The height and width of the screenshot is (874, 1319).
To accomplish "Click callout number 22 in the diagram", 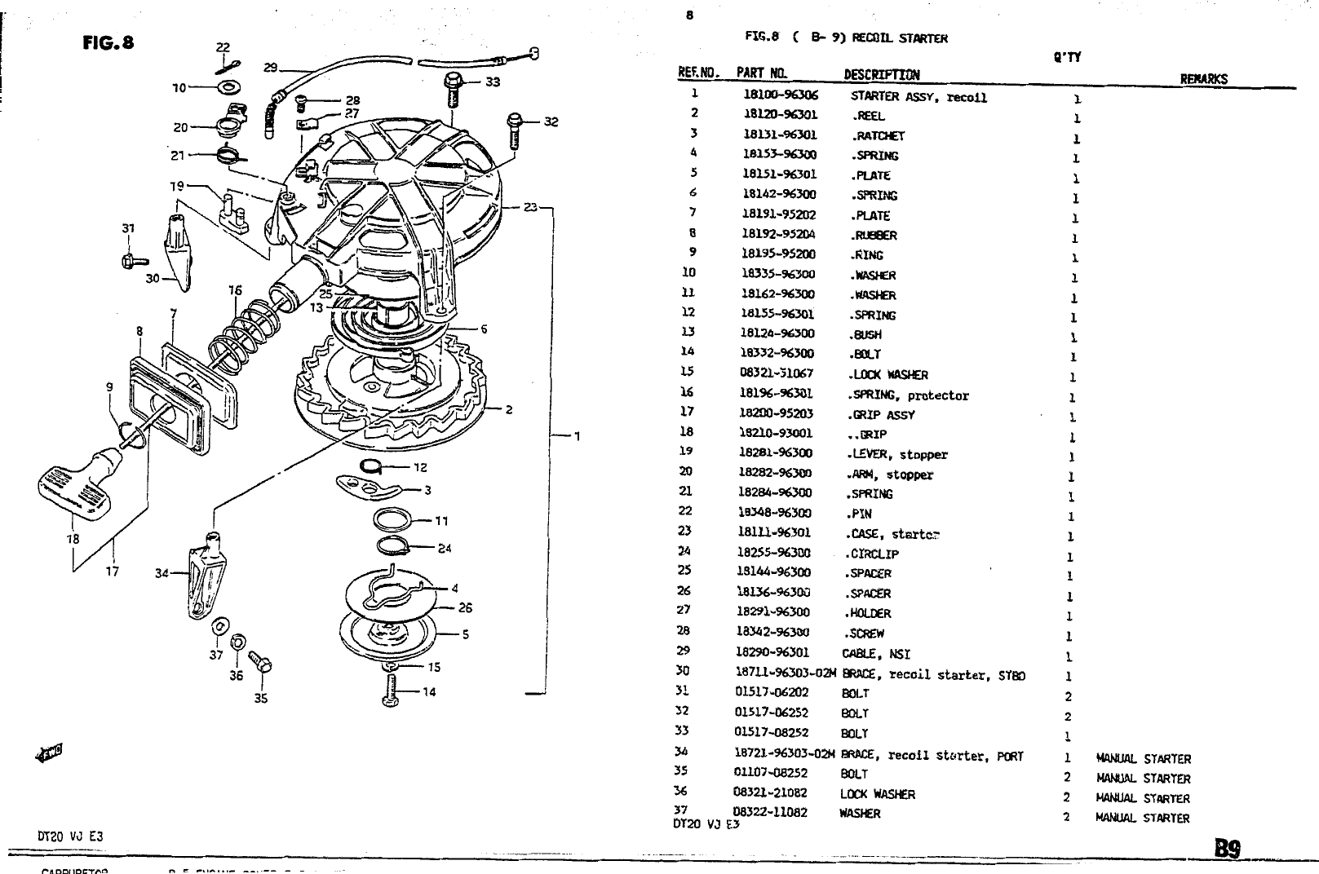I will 223,48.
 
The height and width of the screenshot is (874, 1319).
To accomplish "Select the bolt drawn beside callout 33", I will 453,90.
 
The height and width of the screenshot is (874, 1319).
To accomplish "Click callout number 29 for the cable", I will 271,68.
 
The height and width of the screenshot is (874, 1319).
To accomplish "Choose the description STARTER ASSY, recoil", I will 918,98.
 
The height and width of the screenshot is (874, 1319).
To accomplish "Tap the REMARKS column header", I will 1203,79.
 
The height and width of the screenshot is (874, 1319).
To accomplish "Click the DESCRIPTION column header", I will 881,75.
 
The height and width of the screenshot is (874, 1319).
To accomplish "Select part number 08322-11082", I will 770,813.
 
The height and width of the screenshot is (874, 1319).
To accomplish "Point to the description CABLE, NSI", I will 875,654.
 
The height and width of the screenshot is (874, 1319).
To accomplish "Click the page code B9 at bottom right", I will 1228,848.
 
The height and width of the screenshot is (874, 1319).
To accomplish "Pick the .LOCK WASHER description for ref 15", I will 888,375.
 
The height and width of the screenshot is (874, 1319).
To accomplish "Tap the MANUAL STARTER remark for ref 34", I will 1143,759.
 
